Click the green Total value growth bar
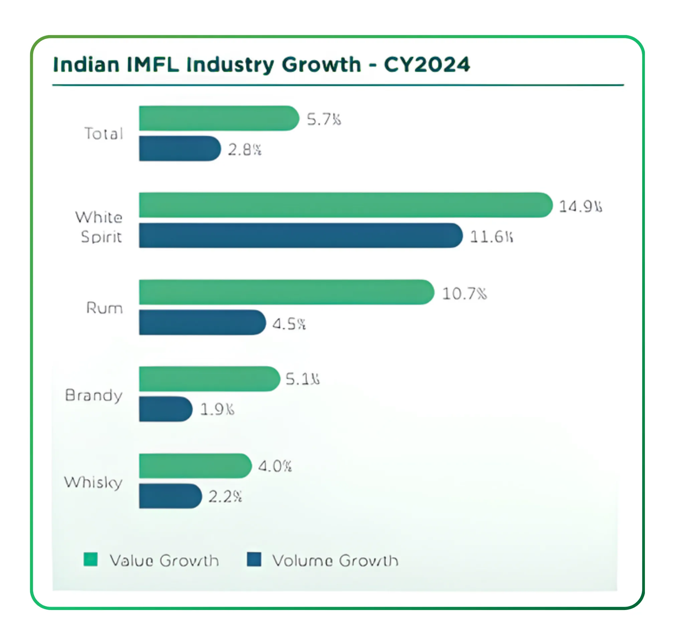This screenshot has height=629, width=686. pos(219,119)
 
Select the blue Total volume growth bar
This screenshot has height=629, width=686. pos(179,148)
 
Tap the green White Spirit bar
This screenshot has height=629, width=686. pos(345,205)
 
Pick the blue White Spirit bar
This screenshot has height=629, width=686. pos(300,235)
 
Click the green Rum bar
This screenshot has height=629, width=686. pos(286,292)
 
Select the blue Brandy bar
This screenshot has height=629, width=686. pos(165,409)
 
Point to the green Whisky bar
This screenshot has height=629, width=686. pos(195,466)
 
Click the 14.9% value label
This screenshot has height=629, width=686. pos(580,206)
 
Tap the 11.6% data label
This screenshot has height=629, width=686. pos(491,237)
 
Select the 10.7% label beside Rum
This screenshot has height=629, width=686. pos(464,293)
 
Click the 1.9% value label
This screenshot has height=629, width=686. pos(217,410)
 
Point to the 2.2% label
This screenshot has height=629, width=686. pos(225,497)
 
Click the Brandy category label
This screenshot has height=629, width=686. pos(94,395)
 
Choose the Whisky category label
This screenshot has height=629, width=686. pos(93,483)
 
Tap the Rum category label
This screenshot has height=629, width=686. pos(104,308)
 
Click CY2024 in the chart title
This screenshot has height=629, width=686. pos(427,64)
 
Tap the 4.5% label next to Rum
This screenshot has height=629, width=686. pos(289,324)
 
